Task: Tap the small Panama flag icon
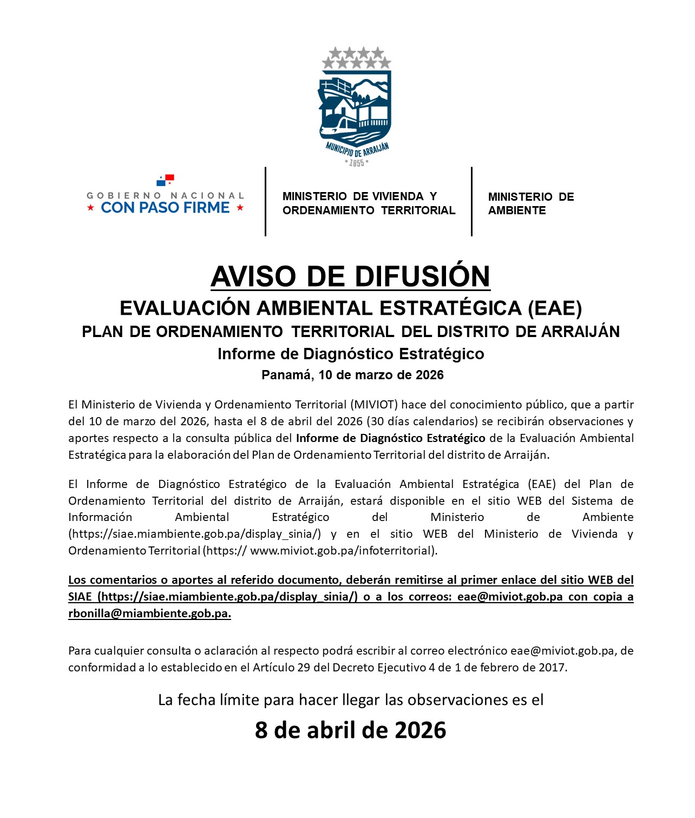coord(165,180)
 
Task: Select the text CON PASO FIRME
coord(165,208)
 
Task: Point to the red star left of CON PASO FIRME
coord(91,208)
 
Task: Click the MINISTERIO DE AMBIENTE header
coord(530,203)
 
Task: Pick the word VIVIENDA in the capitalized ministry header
coord(398,196)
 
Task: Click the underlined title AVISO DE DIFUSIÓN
coord(350,276)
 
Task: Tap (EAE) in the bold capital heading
coord(555,308)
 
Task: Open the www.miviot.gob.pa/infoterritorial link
coord(342,551)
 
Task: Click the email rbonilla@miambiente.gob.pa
coord(149,613)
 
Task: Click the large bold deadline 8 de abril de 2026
coord(350,730)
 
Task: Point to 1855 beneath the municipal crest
coord(356,163)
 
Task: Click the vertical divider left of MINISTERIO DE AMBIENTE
coord(471,201)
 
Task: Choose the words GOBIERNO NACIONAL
coord(165,195)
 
